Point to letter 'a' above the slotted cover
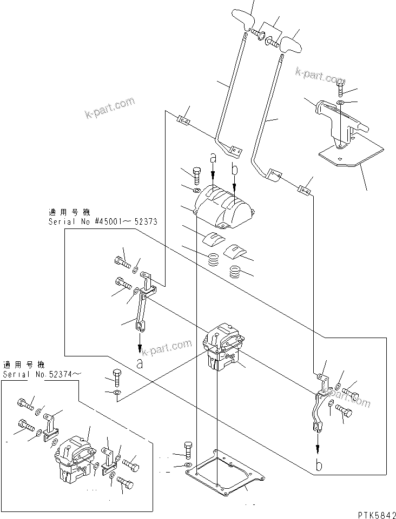tap(213, 158)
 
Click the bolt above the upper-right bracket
tap(340, 86)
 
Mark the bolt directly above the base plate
tap(187, 449)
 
